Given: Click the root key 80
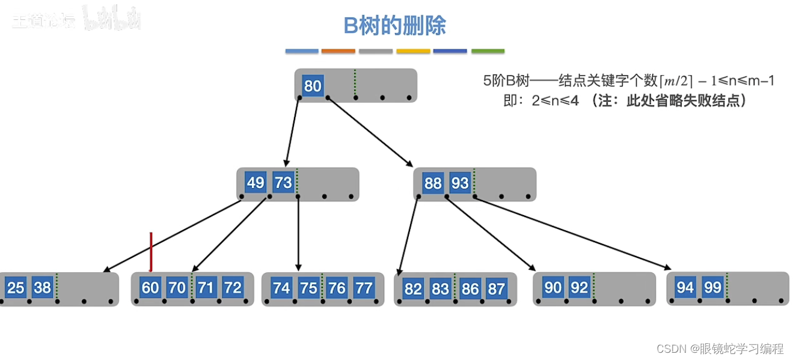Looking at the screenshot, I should (x=312, y=86).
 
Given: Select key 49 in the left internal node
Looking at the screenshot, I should (x=256, y=183).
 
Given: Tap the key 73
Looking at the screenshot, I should (x=283, y=183).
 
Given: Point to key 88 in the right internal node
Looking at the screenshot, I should (x=433, y=183).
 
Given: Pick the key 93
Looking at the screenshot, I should (x=460, y=183).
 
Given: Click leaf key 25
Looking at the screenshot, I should (x=15, y=288).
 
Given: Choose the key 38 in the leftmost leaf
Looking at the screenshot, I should (x=42, y=288).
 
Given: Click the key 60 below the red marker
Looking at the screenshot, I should (x=150, y=288).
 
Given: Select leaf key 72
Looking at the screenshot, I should (x=233, y=288).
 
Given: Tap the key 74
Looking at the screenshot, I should (x=281, y=288).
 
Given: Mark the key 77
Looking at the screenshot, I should (x=364, y=288).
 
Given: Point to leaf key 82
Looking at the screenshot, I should (x=413, y=288).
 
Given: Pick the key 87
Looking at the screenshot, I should (x=496, y=288).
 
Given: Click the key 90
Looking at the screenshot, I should (x=553, y=287).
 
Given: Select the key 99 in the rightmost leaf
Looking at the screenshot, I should (x=712, y=287).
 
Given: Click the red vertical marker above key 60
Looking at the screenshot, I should (x=151, y=251).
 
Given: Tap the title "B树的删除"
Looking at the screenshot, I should (x=394, y=26).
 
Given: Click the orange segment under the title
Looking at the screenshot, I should (x=338, y=51).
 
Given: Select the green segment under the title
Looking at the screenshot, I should (x=488, y=51).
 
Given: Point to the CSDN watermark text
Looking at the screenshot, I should (x=720, y=349).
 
